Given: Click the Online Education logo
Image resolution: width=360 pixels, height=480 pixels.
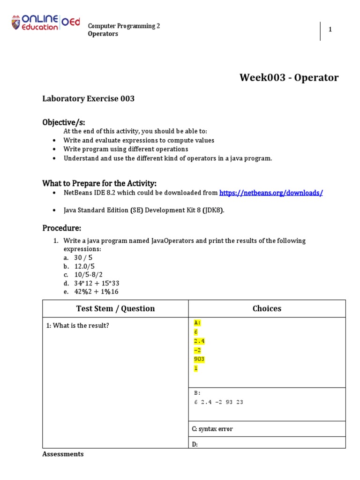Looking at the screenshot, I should pyautogui.click(x=45, y=23).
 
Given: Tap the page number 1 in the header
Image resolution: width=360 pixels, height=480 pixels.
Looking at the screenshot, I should pyautogui.click(x=330, y=30).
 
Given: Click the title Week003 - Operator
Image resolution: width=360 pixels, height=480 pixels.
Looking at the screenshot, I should pyautogui.click(x=289, y=78).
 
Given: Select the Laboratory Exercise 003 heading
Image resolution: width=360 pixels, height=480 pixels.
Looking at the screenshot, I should pyautogui.click(x=89, y=99).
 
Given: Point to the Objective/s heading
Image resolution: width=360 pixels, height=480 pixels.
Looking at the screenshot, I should pyautogui.click(x=64, y=122).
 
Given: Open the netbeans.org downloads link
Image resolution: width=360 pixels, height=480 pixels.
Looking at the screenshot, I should pyautogui.click(x=271, y=193).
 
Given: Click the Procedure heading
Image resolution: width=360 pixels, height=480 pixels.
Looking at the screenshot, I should pyautogui.click(x=62, y=228).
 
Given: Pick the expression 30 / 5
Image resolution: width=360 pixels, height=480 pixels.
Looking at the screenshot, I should pyautogui.click(x=83, y=258).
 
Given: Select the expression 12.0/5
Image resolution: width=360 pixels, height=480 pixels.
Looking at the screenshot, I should pyautogui.click(x=84, y=266).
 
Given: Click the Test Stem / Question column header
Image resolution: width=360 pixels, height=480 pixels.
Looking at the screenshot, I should pyautogui.click(x=115, y=308).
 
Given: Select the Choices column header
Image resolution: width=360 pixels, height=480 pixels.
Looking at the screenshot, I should pyautogui.click(x=267, y=308).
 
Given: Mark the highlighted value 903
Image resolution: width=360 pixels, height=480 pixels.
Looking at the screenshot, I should pyautogui.click(x=199, y=359).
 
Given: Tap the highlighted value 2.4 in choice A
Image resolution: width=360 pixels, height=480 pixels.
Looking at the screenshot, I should pyautogui.click(x=199, y=341).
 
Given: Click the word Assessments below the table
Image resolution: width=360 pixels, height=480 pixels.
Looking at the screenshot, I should pyautogui.click(x=63, y=454).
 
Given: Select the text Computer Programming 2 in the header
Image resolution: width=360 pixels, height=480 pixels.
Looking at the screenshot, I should pyautogui.click(x=124, y=26).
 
